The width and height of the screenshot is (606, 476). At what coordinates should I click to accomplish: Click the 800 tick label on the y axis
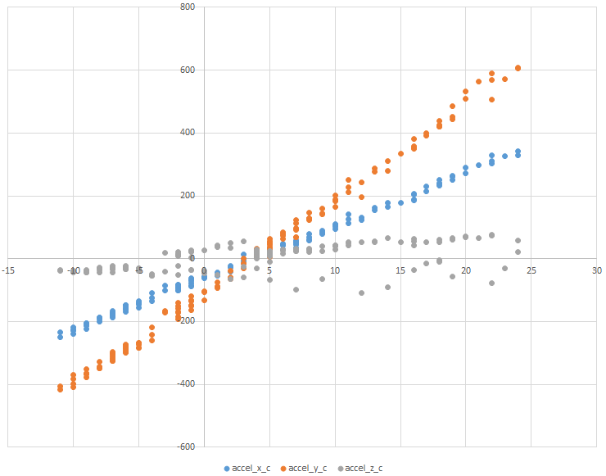pyautogui.click(x=188, y=7)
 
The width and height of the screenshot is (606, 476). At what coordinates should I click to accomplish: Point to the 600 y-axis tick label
pyautogui.click(x=188, y=70)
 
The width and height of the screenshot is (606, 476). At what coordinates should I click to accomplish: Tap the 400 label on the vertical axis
pyautogui.click(x=188, y=133)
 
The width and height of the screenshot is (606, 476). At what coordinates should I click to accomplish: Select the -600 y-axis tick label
pyautogui.click(x=186, y=447)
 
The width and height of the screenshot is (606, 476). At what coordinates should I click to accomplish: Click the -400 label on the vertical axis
pyautogui.click(x=186, y=384)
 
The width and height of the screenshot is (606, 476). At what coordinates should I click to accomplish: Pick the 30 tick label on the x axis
pyautogui.click(x=597, y=270)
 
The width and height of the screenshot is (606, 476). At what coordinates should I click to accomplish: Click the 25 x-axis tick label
pyautogui.click(x=531, y=270)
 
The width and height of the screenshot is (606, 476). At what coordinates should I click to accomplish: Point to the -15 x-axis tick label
pyautogui.click(x=8, y=270)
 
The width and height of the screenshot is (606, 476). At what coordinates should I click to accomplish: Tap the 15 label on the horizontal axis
pyautogui.click(x=400, y=270)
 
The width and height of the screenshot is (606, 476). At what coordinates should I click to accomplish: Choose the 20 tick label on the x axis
pyautogui.click(x=466, y=270)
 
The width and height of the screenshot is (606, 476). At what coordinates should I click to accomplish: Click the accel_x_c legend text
pyautogui.click(x=252, y=468)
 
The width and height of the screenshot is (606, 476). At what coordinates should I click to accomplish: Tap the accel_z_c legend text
pyautogui.click(x=364, y=468)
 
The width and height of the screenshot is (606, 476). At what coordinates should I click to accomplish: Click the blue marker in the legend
pyautogui.click(x=227, y=468)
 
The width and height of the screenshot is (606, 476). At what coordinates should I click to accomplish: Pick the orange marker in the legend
pyautogui.click(x=283, y=468)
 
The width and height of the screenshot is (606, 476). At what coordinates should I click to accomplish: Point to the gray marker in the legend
pyautogui.click(x=338, y=468)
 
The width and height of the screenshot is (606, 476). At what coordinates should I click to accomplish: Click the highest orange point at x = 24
pyautogui.click(x=518, y=68)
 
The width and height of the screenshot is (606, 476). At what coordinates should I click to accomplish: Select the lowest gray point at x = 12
pyautogui.click(x=361, y=292)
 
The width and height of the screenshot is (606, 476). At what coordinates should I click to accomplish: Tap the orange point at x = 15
pyautogui.click(x=400, y=153)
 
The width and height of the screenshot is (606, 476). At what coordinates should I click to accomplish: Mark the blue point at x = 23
pyautogui.click(x=505, y=156)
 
